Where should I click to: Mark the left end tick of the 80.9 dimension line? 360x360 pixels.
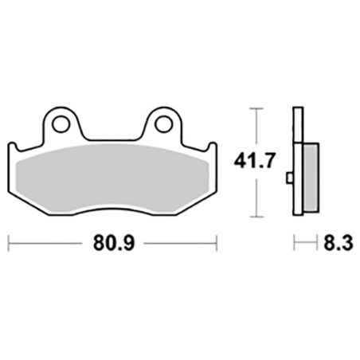tap(8, 239)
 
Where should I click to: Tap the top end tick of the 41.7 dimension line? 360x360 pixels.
tap(255, 107)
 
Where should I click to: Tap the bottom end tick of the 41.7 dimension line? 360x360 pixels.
tap(255, 217)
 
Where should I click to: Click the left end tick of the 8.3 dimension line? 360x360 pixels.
tap(293, 239)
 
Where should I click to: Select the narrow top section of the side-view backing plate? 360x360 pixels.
tap(297, 127)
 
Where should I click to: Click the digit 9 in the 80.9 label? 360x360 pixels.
tap(127, 239)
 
